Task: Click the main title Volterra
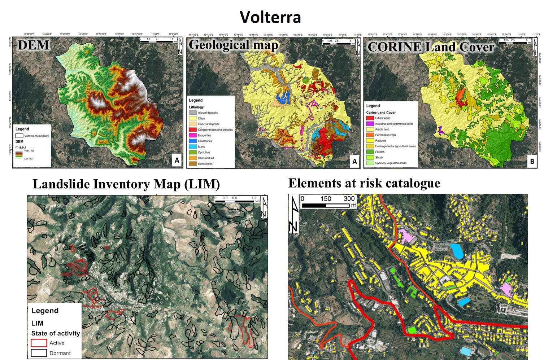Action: tap(270, 17)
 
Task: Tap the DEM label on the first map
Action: tap(33, 45)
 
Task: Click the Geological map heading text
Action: tap(234, 45)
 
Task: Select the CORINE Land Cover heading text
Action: tap(430, 47)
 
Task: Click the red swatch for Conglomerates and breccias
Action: tap(193, 129)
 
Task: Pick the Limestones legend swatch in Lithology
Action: tap(193, 141)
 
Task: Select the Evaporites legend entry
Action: tap(204, 135)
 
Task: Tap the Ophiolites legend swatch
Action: tap(193, 152)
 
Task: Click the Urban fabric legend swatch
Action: tap(370, 118)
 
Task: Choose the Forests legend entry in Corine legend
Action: tap(380, 152)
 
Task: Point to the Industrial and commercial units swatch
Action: tap(370, 124)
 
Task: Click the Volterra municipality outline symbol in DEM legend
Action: tap(19, 136)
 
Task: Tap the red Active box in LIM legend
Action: tap(39, 343)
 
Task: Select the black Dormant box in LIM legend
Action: tap(39, 353)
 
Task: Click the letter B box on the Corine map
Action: tap(532, 161)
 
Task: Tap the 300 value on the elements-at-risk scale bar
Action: tap(349, 199)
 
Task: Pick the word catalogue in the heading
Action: tap(413, 183)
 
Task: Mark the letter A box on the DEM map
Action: tap(177, 160)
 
